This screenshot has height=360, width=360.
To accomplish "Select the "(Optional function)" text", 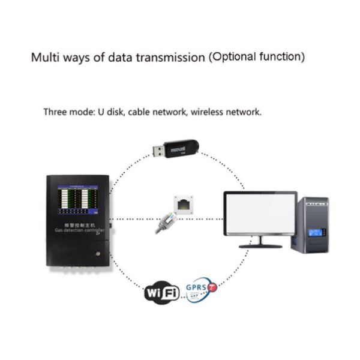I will point(257,58).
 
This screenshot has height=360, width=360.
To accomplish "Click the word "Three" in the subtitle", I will point(56,112).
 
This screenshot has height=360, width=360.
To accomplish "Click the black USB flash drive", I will point(183,148).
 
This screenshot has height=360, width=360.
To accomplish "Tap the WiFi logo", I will point(162,292).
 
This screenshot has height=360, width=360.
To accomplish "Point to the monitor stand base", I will point(260,245).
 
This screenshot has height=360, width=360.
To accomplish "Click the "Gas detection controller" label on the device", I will point(78,230).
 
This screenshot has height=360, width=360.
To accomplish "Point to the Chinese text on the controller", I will point(79,223).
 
